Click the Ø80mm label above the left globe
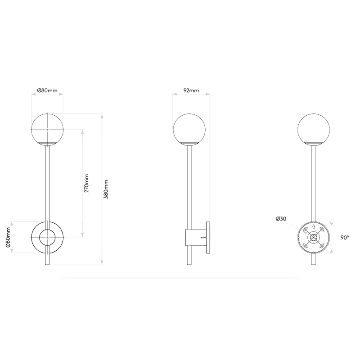[47, 90]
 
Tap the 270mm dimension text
[86, 183]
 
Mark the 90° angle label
[345, 237]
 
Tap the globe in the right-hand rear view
[315, 128]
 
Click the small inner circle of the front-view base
[47, 237]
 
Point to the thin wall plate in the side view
[208, 237]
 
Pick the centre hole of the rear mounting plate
[315, 237]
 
